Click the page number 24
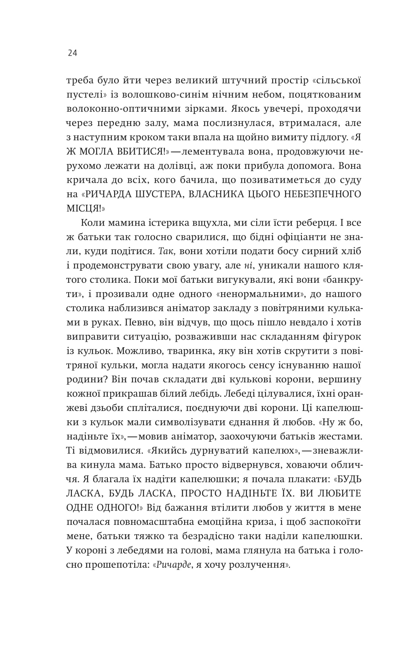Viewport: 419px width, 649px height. click(x=72, y=53)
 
